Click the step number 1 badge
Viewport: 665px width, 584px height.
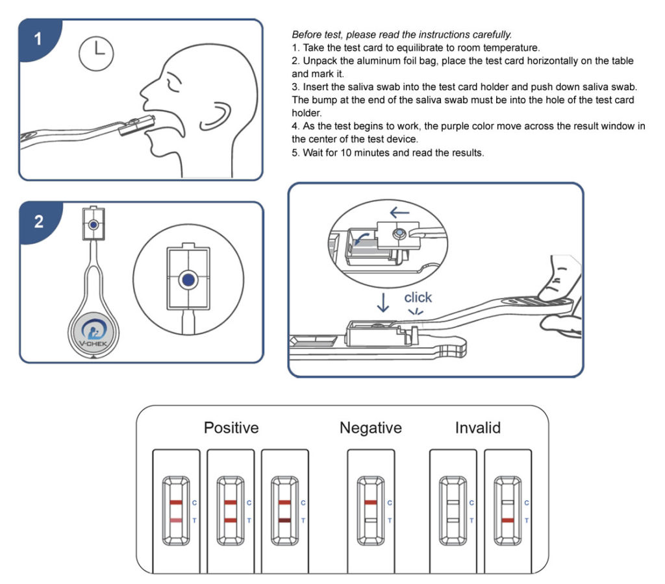point(38,39)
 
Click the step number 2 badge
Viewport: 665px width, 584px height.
point(38,221)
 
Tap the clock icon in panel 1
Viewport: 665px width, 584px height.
point(95,52)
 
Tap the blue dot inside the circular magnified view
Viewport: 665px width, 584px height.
point(188,280)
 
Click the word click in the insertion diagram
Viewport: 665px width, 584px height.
point(418,297)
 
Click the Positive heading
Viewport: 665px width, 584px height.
point(231,428)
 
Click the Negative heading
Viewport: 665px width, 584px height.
point(370,428)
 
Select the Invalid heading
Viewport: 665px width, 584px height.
point(477,428)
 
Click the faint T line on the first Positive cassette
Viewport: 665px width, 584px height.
point(175,520)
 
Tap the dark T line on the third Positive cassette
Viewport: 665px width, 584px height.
point(284,520)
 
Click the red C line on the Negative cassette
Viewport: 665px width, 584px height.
point(370,503)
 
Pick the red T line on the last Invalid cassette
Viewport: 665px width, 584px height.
point(508,520)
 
